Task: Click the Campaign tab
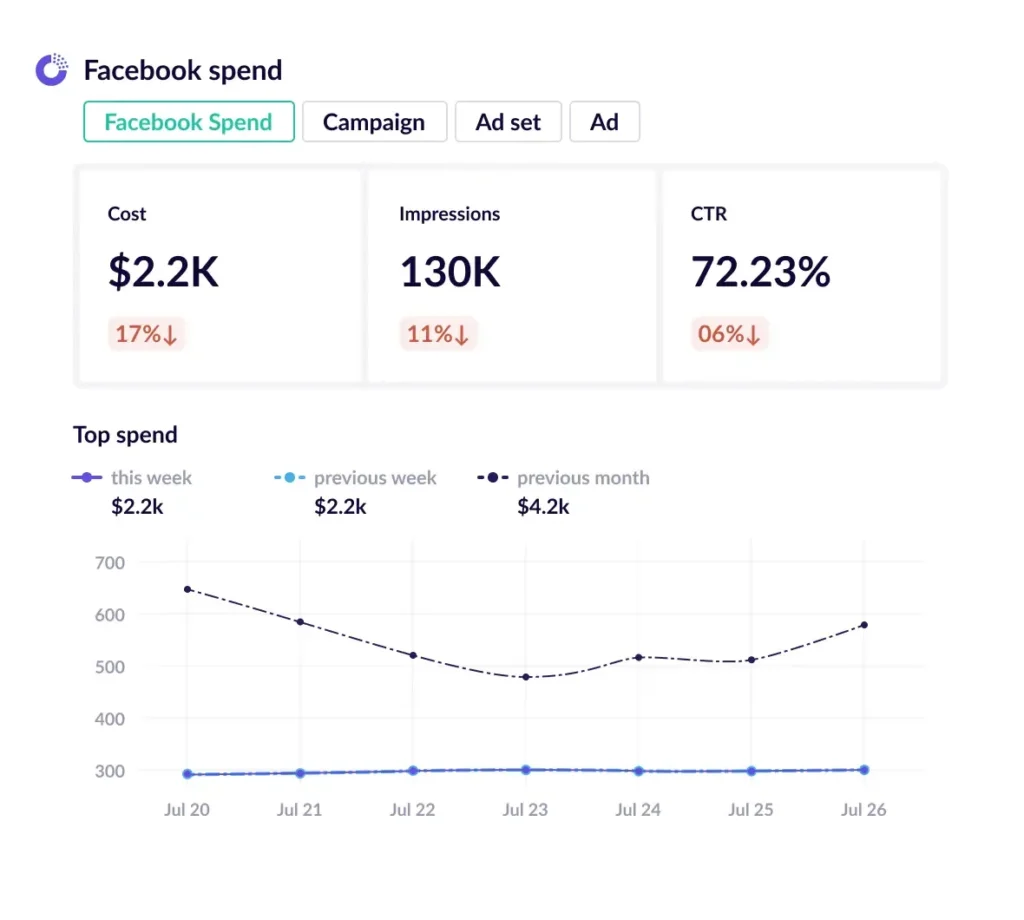(373, 122)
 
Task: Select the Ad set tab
(508, 122)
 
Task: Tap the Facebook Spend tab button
(188, 122)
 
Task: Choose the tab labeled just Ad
(604, 122)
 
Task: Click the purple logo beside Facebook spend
(52, 69)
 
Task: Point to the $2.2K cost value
(163, 272)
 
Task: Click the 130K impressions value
(450, 272)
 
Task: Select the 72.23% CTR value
(760, 272)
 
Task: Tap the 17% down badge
(146, 334)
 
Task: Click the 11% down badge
(438, 334)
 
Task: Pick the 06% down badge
(729, 334)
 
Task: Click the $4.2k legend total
(543, 507)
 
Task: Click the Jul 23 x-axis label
(525, 810)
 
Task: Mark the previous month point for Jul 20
(188, 589)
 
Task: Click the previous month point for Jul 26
(864, 625)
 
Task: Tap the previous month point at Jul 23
(525, 677)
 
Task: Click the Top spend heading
(125, 435)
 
